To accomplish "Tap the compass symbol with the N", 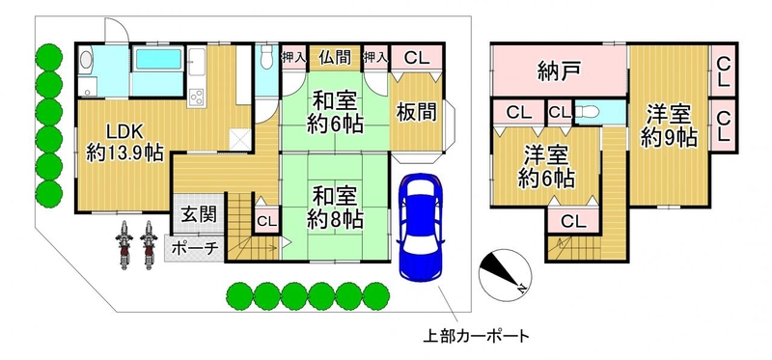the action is [505, 275].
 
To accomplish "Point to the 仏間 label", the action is [335, 58].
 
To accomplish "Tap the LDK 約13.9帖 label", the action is [125, 142].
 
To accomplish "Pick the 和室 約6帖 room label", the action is [335, 113].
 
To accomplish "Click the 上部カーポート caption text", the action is [476, 337].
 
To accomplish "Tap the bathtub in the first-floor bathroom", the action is [157, 60].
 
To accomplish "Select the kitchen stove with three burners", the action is [197, 97].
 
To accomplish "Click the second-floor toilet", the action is [587, 112].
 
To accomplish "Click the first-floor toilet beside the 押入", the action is [267, 57].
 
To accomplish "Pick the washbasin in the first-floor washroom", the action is [86, 60].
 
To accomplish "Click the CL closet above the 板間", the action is [417, 59].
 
